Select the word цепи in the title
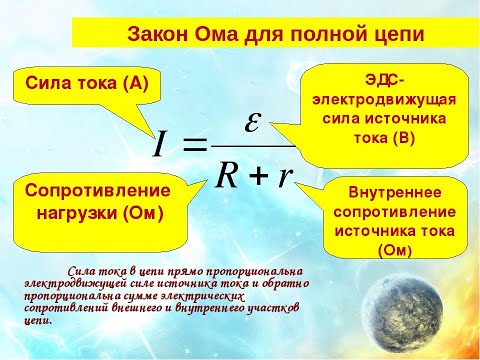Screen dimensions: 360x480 [394, 33]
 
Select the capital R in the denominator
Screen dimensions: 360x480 [229, 175]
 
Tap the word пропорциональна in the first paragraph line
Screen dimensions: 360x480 [248, 270]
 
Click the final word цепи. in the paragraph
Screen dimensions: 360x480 [37, 322]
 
